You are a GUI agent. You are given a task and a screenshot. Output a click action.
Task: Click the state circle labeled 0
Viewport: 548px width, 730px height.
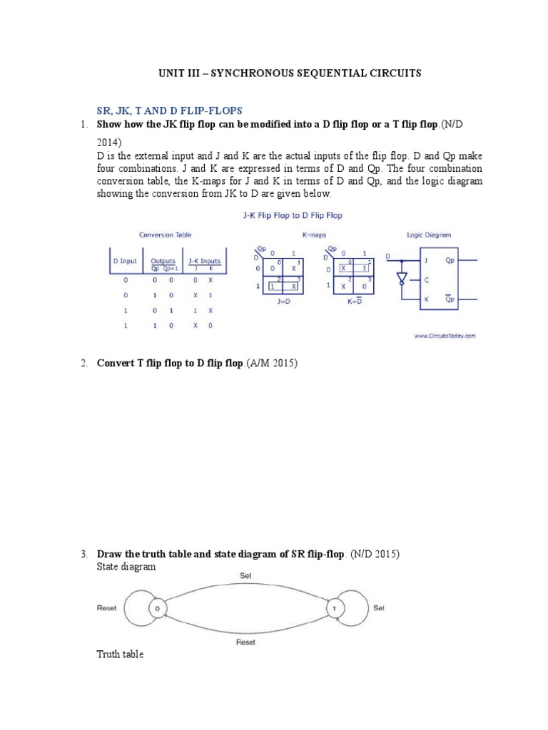tap(158, 609)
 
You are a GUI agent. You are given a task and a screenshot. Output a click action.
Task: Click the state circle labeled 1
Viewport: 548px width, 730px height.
tap(333, 609)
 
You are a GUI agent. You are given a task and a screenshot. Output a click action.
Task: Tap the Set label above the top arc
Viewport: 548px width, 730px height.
tap(246, 574)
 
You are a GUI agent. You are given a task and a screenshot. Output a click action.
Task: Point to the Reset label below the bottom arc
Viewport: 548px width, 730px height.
tap(246, 642)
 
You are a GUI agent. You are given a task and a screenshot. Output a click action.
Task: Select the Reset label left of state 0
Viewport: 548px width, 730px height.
tap(106, 608)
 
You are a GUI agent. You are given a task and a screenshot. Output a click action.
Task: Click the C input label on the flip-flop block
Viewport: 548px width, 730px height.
tap(426, 280)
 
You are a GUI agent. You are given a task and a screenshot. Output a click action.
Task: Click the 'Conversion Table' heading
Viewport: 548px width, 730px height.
tap(165, 235)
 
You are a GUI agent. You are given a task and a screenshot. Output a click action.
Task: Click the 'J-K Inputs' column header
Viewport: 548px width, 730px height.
tap(204, 261)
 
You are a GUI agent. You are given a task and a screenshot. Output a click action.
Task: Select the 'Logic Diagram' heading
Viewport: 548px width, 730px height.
tap(428, 235)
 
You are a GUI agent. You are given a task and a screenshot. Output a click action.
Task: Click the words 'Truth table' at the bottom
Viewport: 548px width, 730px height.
tap(120, 654)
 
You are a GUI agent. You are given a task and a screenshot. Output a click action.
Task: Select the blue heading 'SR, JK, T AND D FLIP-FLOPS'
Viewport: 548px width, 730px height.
tap(170, 110)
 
